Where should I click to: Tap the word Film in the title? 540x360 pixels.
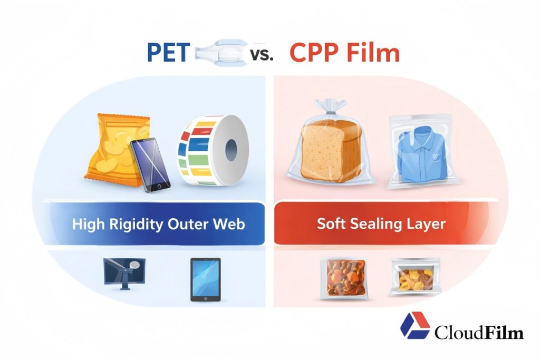point(375,53)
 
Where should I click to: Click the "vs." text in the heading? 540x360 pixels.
point(262,54)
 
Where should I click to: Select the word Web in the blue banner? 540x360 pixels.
point(228,223)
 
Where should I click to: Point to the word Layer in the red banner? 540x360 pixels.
point(426,223)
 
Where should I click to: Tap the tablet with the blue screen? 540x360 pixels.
point(205,279)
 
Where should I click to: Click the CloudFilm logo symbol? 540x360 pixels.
point(415,326)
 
